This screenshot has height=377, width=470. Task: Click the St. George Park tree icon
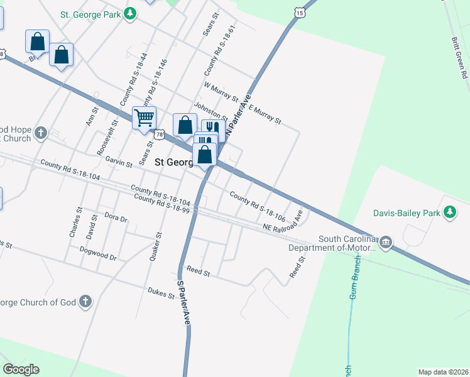(x=130, y=13)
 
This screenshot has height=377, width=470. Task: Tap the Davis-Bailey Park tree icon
(x=449, y=213)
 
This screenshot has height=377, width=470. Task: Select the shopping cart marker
(x=145, y=117)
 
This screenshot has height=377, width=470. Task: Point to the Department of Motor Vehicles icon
(x=386, y=243)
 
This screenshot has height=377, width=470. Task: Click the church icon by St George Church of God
(x=85, y=302)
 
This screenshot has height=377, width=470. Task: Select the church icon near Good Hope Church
(x=41, y=133)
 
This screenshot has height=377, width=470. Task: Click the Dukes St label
(x=161, y=292)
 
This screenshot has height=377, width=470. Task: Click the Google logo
(x=21, y=369)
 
